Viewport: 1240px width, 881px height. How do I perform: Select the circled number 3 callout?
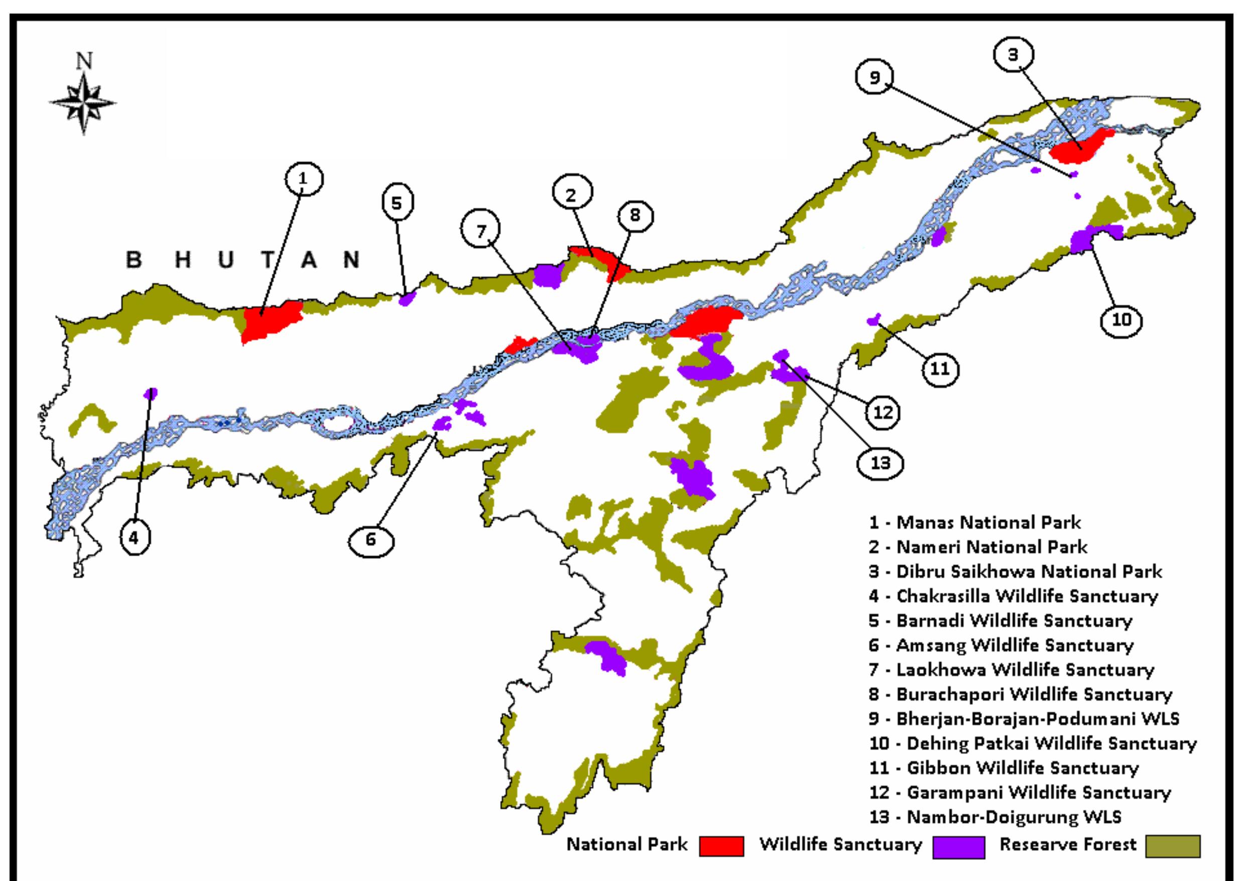(1013, 55)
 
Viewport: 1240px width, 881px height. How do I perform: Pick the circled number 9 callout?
(875, 78)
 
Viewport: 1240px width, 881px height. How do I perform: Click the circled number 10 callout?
(1122, 320)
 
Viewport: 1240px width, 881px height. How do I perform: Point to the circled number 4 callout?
(133, 537)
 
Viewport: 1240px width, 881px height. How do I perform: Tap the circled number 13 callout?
(881, 462)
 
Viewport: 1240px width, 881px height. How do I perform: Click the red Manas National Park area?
(270, 321)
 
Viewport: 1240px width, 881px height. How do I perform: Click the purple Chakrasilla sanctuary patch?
(150, 393)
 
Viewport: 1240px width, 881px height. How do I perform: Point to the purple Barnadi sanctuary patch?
(407, 298)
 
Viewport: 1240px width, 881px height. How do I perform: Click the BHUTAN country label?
(242, 260)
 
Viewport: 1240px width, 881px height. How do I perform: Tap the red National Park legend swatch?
(721, 845)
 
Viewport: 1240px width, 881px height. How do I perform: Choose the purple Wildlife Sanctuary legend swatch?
(958, 846)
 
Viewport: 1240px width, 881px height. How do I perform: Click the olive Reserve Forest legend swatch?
(1173, 845)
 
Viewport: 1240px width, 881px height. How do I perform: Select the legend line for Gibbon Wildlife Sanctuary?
(1003, 768)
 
